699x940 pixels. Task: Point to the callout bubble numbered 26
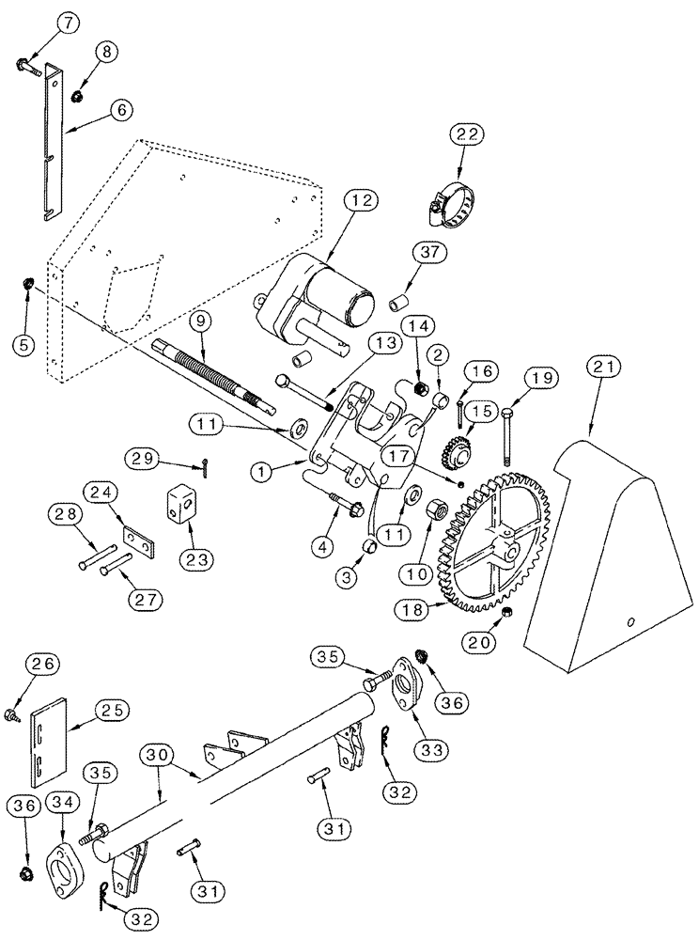tap(38, 667)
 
